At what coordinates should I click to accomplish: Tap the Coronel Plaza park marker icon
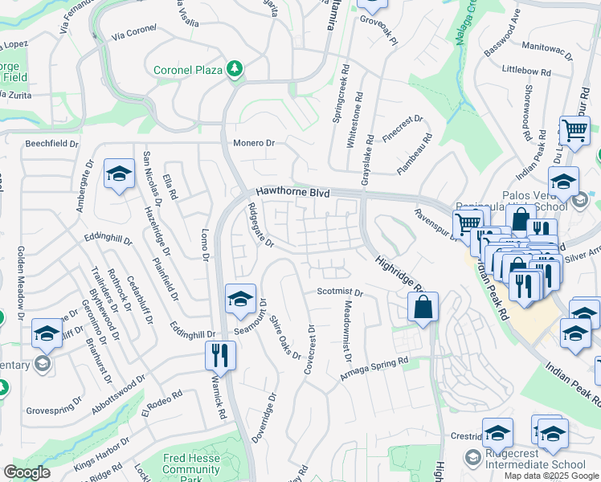pos(235,70)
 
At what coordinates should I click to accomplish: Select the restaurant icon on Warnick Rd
pos(219,353)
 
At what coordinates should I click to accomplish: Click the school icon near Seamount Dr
pos(240,299)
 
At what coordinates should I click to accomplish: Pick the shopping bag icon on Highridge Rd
pos(423,306)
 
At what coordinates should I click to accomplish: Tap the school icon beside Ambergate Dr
pos(119,174)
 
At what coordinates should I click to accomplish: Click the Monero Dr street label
pos(254,143)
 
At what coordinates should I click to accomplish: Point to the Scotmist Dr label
pos(341,292)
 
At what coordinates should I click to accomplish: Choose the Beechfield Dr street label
pos(51,144)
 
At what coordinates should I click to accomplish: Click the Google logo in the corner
pos(27,472)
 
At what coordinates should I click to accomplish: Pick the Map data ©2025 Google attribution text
pos(550,476)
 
